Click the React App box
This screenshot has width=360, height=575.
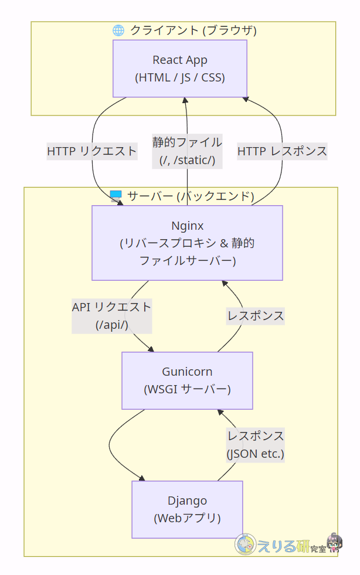click(x=180, y=68)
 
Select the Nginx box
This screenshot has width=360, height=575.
click(x=187, y=243)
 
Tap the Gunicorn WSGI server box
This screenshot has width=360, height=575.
click(x=187, y=380)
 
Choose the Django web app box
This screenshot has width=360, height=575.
click(x=187, y=509)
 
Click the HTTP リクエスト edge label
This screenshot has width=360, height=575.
click(x=91, y=151)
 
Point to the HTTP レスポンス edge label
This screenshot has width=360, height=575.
click(x=282, y=151)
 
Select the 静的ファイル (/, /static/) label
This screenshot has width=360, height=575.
click(x=187, y=151)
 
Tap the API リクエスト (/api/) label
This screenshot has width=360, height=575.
click(x=111, y=316)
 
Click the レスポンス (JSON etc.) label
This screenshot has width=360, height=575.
click(x=256, y=444)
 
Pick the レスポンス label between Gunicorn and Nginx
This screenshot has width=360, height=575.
click(x=256, y=316)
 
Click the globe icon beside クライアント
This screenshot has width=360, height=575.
click(x=118, y=30)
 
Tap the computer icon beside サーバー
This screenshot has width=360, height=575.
click(x=116, y=196)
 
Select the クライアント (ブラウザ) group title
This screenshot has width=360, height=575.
click(x=193, y=30)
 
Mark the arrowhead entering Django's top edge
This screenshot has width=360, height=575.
click(x=142, y=478)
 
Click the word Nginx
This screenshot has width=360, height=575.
click(x=187, y=226)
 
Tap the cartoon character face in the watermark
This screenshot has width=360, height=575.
click(x=334, y=544)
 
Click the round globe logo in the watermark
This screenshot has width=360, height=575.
click(x=246, y=545)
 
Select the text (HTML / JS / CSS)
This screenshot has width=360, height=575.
click(x=180, y=77)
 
